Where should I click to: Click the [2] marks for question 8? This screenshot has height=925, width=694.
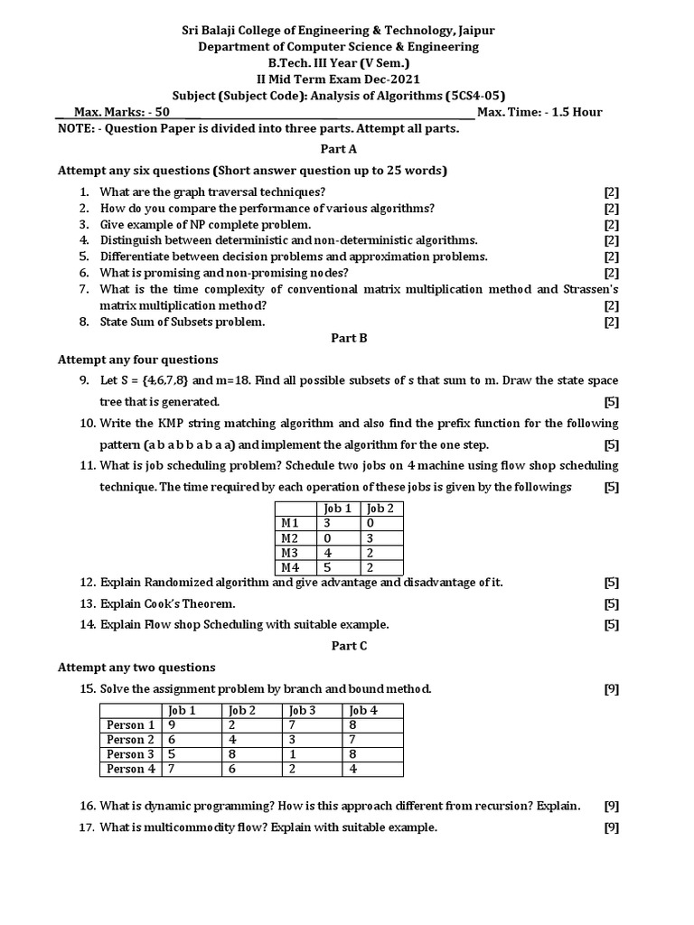coord(611,322)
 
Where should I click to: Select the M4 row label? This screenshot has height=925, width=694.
coord(290,567)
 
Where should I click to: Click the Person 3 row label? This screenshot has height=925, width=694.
coord(130,754)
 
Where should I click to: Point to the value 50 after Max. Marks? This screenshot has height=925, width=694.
coord(161,113)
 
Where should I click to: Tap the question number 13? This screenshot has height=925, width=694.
coord(88,603)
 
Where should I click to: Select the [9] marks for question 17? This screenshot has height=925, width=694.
coord(611,827)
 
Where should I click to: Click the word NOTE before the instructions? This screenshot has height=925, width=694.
coord(74,128)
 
